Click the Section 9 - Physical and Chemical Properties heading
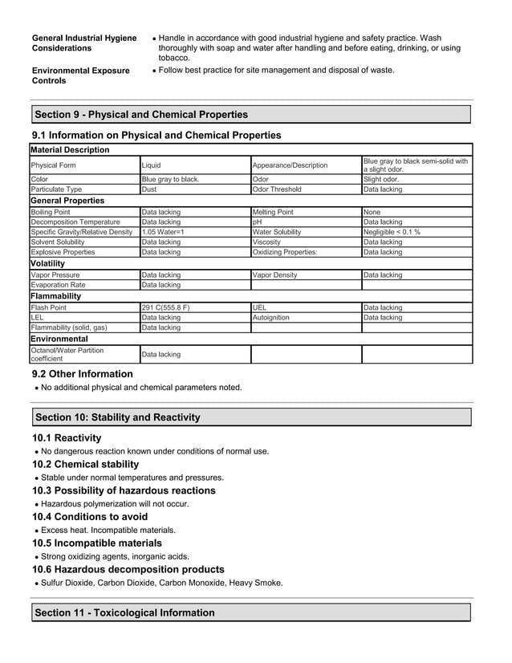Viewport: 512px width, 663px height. (141, 115)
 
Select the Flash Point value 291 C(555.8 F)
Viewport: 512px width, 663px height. (166, 307)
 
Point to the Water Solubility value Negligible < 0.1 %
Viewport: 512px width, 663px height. (392, 232)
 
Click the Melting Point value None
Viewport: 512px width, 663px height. (372, 212)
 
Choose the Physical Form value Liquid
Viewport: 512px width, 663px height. (152, 165)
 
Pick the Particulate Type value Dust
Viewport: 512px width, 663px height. (149, 189)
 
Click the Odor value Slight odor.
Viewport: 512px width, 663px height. (381, 179)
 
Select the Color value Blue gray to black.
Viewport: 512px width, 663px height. (170, 179)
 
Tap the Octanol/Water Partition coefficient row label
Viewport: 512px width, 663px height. (67, 354)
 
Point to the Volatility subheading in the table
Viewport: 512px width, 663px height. (53, 262)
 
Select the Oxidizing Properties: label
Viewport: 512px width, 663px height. (285, 252)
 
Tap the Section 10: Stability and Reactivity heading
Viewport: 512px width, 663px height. (118, 417)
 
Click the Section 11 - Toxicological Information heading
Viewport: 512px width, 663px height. (125, 612)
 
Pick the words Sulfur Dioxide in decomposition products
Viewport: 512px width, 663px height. (70, 583)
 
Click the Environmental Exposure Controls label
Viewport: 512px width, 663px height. (80, 75)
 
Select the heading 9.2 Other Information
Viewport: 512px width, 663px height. (82, 374)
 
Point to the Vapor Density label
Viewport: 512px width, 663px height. (274, 275)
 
